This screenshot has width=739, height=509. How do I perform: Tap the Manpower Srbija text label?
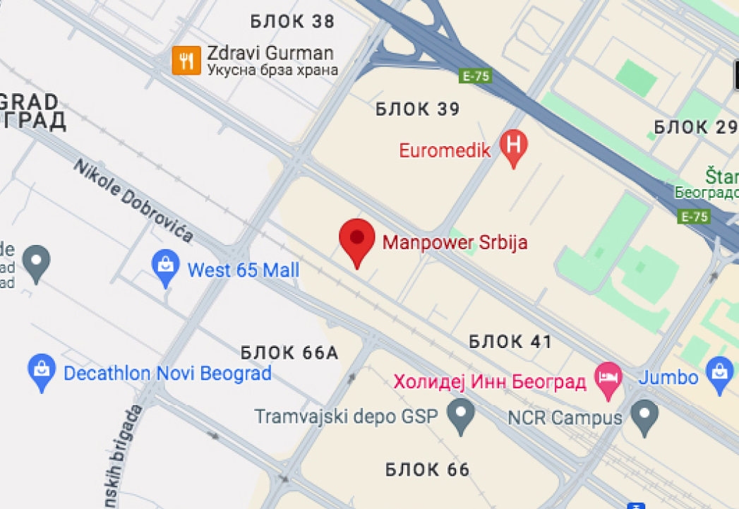pyautogui.click(x=455, y=243)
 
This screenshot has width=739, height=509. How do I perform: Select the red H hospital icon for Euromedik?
pyautogui.click(x=514, y=147)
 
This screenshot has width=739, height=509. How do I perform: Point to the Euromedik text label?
pyautogui.click(x=445, y=150)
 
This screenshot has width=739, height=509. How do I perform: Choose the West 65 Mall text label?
pyautogui.click(x=243, y=270)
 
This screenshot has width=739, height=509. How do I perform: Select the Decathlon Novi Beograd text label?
pyautogui.click(x=167, y=373)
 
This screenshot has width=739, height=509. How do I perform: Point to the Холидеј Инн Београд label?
pyautogui.click(x=490, y=382)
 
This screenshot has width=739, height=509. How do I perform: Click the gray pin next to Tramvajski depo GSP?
pyautogui.click(x=462, y=414)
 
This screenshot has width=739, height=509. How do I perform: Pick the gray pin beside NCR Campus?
pyautogui.click(x=644, y=414)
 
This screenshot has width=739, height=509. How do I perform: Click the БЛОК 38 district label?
pyautogui.click(x=292, y=22)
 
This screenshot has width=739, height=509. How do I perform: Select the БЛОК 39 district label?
pyautogui.click(x=418, y=109)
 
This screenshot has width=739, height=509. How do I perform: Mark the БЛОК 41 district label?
pyautogui.click(x=510, y=342)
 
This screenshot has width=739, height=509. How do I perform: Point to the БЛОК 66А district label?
pyautogui.click(x=289, y=352)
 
